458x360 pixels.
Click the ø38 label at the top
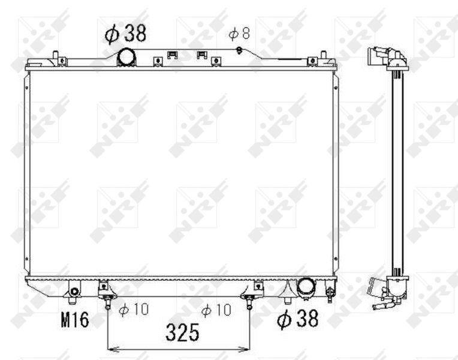(x=125, y=34)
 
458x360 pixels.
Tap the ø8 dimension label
(x=239, y=34)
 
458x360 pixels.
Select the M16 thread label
(x=75, y=320)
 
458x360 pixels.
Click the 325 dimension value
(x=183, y=332)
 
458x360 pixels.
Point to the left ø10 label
(x=134, y=310)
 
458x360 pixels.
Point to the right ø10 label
(x=216, y=310)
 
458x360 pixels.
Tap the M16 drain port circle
(x=75, y=292)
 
